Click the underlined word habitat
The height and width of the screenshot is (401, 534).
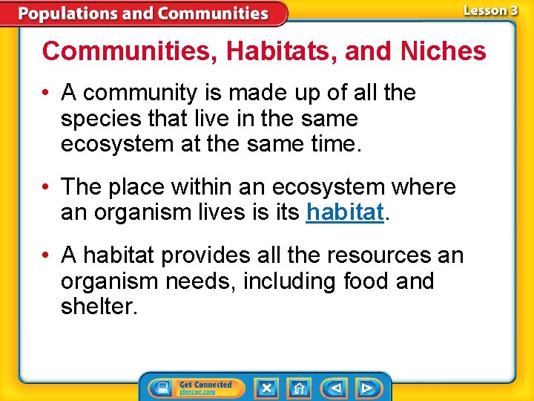click(344, 212)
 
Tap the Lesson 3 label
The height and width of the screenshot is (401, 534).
click(490, 10)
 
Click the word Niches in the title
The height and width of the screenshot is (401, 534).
click(443, 51)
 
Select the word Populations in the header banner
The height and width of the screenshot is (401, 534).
click(65, 13)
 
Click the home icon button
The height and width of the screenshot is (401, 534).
click(299, 388)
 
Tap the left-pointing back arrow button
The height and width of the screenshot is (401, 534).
click(335, 388)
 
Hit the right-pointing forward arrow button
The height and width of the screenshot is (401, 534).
click(366, 388)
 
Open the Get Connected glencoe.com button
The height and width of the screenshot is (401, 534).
click(205, 388)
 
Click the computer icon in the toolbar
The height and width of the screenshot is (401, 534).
click(161, 388)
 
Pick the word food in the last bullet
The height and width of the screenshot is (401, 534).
click(369, 281)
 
